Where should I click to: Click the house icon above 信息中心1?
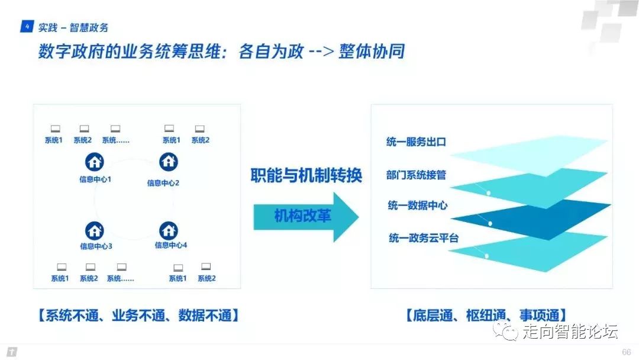click(95, 161)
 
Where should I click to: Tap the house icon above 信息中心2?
click(169, 161)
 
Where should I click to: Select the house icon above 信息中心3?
click(95, 230)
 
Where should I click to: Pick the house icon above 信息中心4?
click(169, 230)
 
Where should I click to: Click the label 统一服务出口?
click(415, 142)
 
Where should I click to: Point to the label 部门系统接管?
click(415, 175)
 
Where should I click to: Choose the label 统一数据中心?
click(418, 206)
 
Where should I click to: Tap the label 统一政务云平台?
click(424, 237)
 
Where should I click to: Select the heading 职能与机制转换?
click(305, 176)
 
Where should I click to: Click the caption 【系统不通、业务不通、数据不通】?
click(139, 314)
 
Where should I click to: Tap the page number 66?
click(627, 352)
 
